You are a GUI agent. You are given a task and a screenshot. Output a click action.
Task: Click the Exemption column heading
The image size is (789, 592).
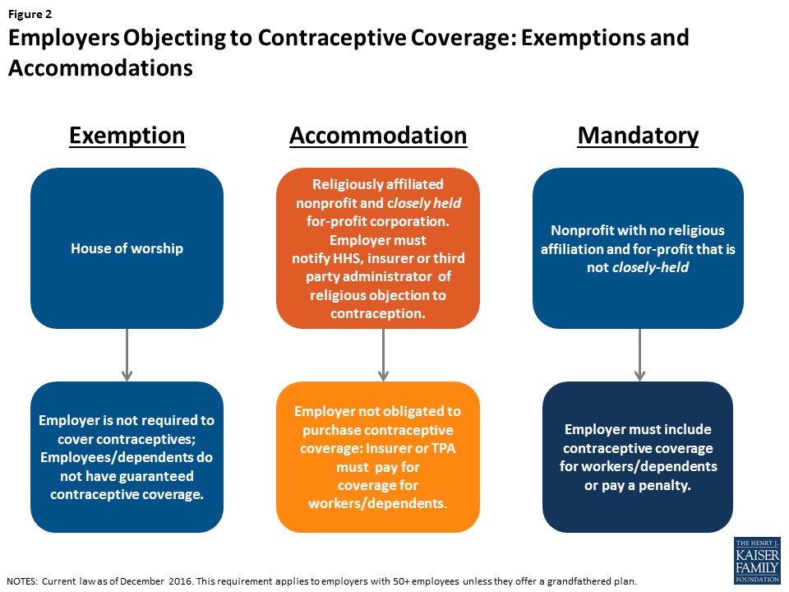127,135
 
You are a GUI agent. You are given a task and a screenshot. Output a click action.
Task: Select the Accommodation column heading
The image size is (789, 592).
378,135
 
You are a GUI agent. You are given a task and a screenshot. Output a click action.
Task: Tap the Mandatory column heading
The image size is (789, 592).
638,135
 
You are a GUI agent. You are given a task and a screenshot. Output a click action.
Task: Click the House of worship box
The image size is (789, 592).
127,248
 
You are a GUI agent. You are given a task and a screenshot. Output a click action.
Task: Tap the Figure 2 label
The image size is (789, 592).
31,14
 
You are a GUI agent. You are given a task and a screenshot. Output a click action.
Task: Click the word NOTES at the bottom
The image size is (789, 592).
22,580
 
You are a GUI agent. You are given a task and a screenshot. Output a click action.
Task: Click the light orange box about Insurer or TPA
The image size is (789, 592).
377,456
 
